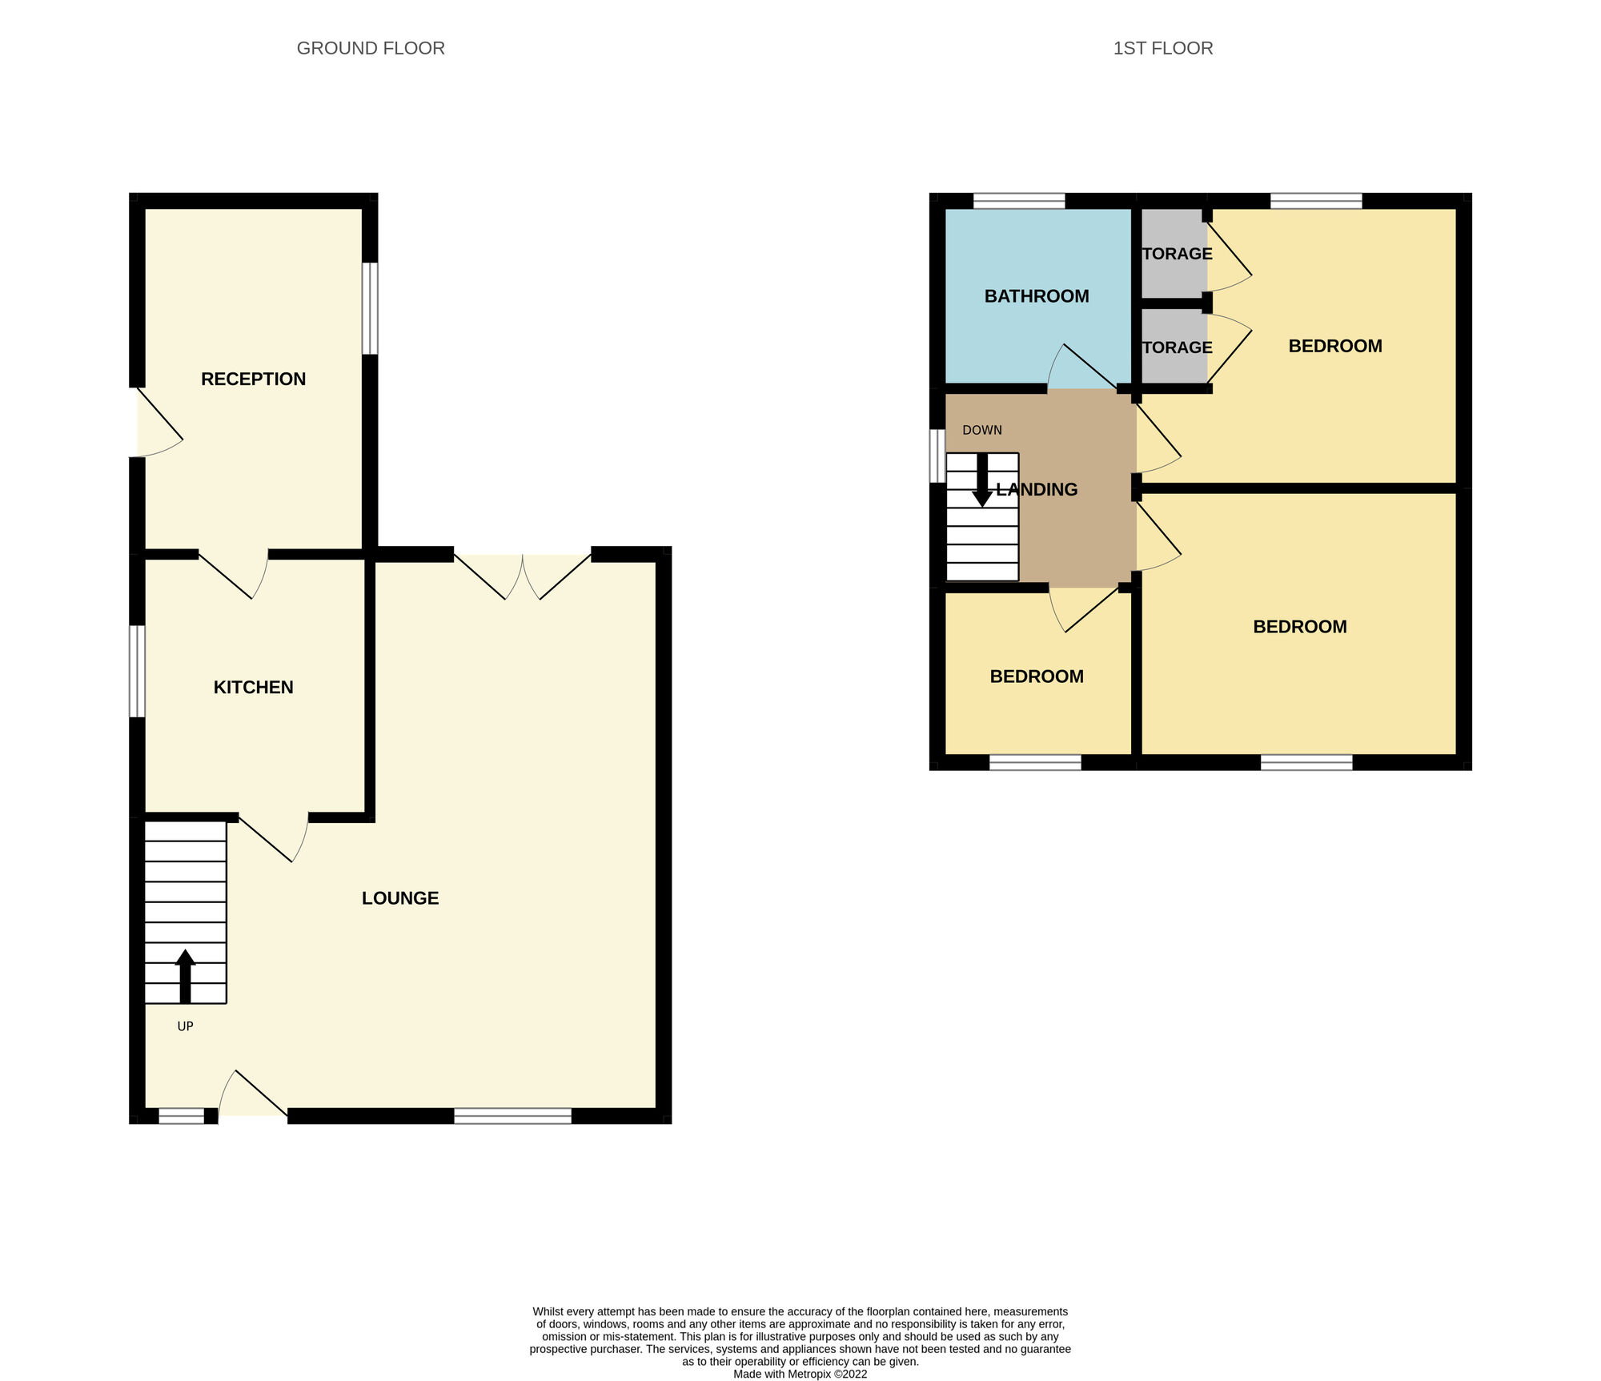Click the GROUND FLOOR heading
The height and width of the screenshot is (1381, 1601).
[x=371, y=48]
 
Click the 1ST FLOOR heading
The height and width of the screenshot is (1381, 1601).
[x=1162, y=48]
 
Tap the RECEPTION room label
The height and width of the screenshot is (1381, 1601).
[x=253, y=379]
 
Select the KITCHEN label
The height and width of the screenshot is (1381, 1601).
[x=253, y=687]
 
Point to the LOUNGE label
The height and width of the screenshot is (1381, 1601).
[x=400, y=898]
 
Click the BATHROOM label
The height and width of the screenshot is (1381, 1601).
[x=1037, y=296]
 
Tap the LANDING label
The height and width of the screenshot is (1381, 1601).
[x=1037, y=489]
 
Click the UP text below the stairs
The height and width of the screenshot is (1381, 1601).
[x=185, y=1026]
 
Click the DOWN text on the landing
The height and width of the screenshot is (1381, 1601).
[x=982, y=430]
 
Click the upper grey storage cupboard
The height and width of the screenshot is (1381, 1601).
[x=1174, y=254]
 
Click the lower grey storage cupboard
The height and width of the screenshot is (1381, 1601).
[x=1174, y=347]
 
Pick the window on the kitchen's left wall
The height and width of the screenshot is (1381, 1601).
[x=138, y=671]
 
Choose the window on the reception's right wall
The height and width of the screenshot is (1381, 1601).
[x=370, y=308]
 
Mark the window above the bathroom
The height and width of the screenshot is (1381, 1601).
[x=1019, y=201]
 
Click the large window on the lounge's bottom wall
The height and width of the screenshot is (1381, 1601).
[x=512, y=1116]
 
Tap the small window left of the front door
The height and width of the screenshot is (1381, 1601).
[x=181, y=1116]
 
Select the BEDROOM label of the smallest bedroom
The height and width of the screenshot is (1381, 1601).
[x=1037, y=676]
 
